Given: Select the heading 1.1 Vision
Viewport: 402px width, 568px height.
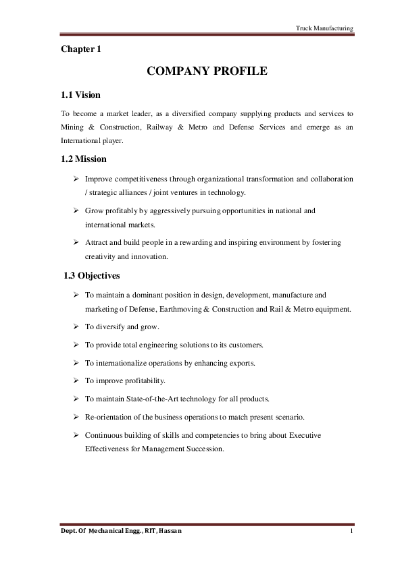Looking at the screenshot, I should click(x=80, y=94).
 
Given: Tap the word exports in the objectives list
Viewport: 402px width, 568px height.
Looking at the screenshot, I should click(x=241, y=363).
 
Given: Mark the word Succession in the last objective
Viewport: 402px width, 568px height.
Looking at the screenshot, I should click(x=205, y=448).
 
